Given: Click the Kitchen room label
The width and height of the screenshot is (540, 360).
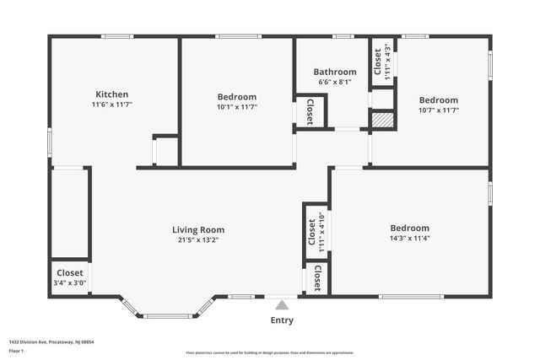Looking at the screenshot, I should (x=111, y=94).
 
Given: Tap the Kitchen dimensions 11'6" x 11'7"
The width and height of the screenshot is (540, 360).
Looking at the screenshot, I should (x=111, y=105).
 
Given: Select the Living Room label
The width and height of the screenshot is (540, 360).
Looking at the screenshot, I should (x=198, y=229).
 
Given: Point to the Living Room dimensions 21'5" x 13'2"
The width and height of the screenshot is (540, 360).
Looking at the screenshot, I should (x=198, y=240).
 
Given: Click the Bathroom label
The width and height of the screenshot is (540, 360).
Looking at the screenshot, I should (x=335, y=72).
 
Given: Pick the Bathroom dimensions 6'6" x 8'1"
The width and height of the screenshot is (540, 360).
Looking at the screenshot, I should (x=335, y=82).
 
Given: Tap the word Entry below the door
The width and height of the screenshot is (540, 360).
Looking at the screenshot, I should (x=282, y=320).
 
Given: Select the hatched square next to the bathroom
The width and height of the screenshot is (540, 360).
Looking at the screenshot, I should (x=383, y=120).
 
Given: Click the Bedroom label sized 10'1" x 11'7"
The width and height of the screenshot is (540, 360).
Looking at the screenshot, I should (x=237, y=97).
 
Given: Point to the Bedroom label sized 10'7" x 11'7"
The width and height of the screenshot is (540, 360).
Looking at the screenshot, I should (x=439, y=99).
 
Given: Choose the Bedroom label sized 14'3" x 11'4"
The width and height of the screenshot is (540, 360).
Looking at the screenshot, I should (x=409, y=228).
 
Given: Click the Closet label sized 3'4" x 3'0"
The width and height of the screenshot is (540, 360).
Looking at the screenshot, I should (x=70, y=272).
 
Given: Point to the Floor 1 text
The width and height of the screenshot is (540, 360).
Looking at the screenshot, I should (x=17, y=350).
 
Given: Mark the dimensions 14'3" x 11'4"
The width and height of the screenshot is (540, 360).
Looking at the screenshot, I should (x=409, y=239).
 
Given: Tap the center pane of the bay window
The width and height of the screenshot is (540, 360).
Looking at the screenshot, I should (x=167, y=316).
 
